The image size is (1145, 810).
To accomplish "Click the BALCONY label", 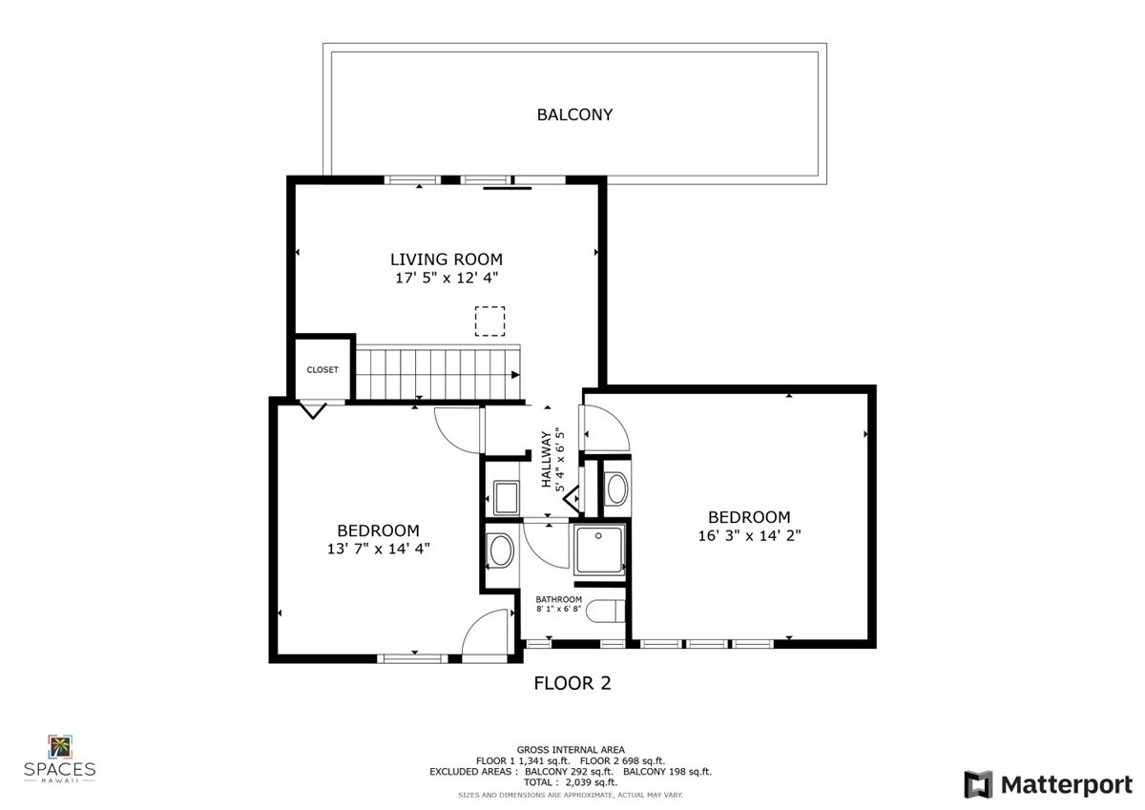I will (x=574, y=114).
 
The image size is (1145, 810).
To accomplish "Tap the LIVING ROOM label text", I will (x=446, y=259).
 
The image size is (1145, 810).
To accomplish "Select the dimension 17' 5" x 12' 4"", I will (x=446, y=278).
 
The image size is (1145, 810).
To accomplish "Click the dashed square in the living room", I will (x=490, y=321).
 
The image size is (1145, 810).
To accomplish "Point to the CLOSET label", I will (x=323, y=370).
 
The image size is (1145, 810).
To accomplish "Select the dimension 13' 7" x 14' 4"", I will (x=378, y=549).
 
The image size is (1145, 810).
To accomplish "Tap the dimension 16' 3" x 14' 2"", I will (x=749, y=535).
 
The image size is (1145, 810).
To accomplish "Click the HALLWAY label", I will (x=548, y=459).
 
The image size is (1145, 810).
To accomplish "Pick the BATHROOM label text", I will (x=558, y=599).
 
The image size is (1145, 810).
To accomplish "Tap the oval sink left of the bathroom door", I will (x=500, y=550).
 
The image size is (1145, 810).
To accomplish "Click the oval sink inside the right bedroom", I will (x=616, y=488).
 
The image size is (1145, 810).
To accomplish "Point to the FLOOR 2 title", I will (x=572, y=683).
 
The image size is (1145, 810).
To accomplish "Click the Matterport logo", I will (x=1048, y=784).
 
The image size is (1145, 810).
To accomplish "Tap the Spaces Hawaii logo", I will (x=59, y=758).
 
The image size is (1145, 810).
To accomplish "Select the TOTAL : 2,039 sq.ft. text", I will (x=571, y=781).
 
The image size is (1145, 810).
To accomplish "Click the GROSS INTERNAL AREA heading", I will (x=571, y=750).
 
